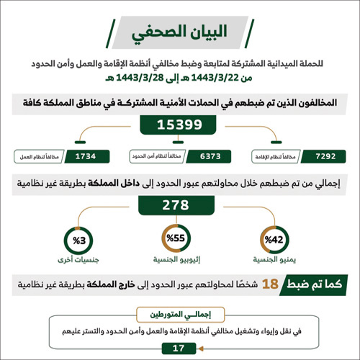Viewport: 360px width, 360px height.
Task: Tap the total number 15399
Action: [x=180, y=126]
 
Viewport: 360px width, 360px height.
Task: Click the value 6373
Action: [x=210, y=154]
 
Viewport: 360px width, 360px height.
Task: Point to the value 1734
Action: [x=90, y=154]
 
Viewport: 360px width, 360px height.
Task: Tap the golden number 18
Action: [x=270, y=286]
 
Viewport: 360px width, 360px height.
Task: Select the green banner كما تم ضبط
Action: [x=314, y=286]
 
